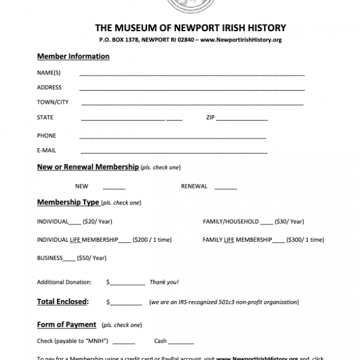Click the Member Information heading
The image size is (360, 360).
click(73, 56)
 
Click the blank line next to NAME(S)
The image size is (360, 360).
click(192, 74)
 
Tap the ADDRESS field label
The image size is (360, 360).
click(49, 88)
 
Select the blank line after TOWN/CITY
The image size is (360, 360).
click(192, 103)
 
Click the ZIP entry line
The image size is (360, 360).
click(242, 119)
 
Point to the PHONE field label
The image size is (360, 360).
click(46, 136)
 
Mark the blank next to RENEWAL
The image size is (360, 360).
click(226, 187)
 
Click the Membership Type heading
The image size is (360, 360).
click(68, 202)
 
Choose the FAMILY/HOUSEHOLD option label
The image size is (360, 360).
click(230, 221)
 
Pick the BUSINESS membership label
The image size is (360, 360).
click(50, 258)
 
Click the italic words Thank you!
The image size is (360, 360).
click(164, 282)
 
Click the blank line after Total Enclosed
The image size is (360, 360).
click(126, 303)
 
